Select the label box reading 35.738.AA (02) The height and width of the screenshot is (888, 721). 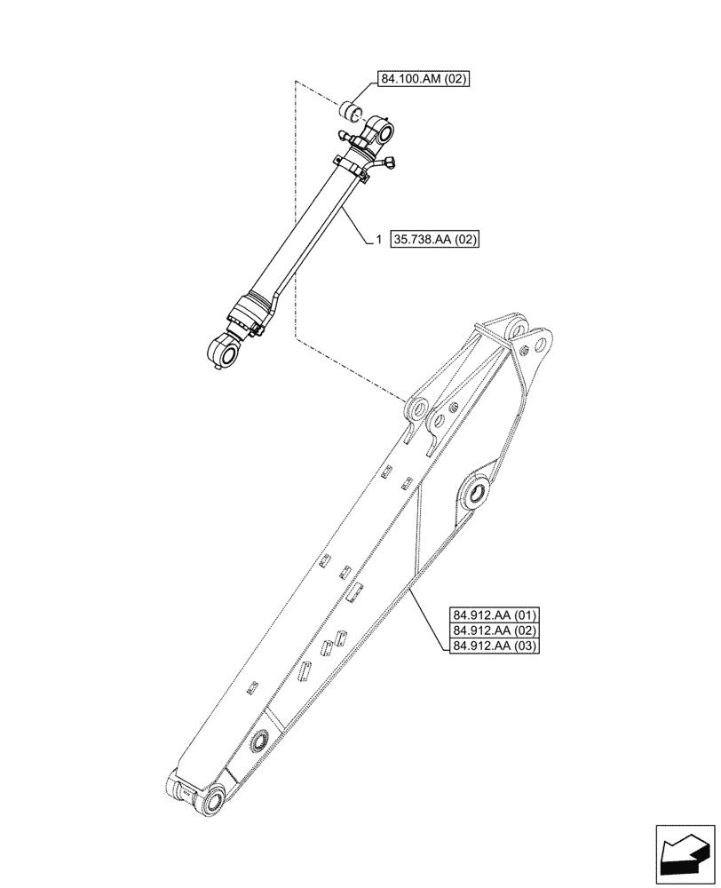(x=432, y=241)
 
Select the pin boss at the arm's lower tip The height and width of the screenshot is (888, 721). (x=213, y=802)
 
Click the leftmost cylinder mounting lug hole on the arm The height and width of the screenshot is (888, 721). (x=414, y=409)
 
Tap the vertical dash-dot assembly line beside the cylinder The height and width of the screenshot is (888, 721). (x=295, y=213)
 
